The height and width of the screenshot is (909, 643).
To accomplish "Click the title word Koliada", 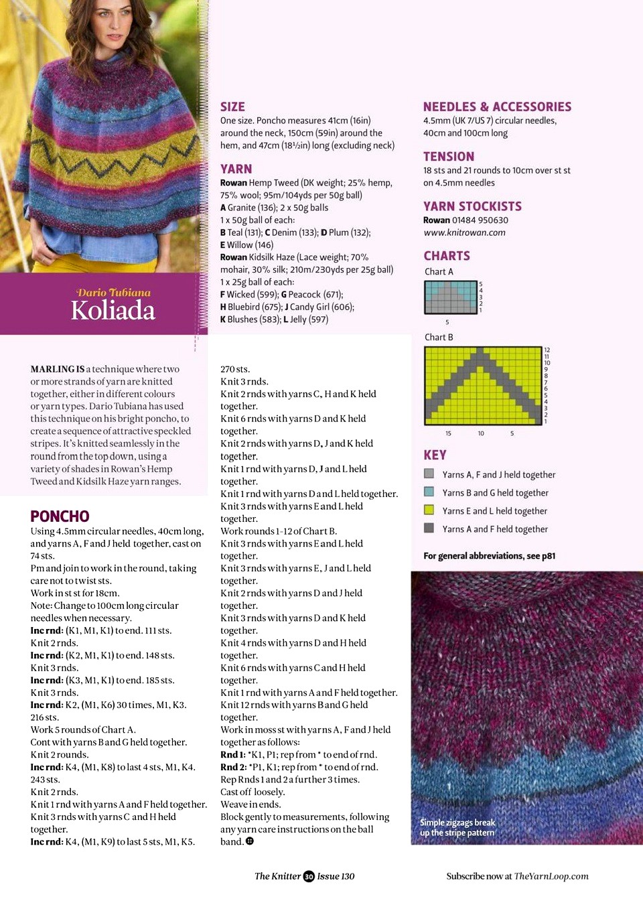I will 113,310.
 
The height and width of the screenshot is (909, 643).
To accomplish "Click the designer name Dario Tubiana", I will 113,293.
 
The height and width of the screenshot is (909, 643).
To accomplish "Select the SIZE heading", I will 232,107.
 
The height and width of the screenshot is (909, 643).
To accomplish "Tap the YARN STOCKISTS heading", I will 472,206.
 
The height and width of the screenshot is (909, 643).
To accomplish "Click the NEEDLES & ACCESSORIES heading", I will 497,107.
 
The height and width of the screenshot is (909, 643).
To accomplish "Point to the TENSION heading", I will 448,156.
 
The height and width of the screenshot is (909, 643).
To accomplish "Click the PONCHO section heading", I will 60,516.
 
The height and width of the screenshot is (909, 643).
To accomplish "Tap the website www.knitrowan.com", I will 464,232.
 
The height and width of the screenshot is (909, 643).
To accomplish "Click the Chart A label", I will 439,271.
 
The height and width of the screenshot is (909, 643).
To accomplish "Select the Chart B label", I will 439,337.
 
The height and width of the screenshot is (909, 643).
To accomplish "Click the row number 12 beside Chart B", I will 547,350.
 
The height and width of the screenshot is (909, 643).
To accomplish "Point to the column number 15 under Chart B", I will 448,433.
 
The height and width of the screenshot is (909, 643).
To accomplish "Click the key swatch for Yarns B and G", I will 429,492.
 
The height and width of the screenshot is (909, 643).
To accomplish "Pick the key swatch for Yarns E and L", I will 429,510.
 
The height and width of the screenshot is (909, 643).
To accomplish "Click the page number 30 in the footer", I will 309,876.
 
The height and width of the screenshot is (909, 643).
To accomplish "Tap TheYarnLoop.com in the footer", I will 551,876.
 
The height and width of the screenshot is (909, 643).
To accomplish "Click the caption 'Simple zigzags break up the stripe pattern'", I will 457,827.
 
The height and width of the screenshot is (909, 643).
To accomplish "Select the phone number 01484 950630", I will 480,220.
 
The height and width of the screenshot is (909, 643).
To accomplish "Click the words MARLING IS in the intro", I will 57,369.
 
